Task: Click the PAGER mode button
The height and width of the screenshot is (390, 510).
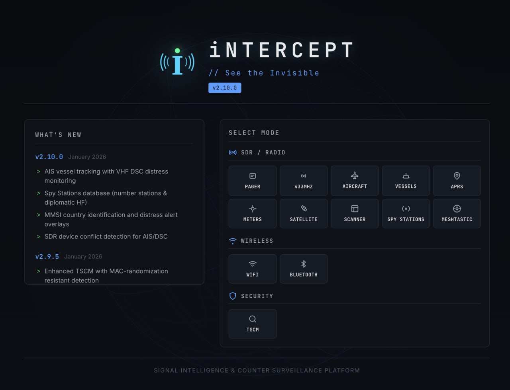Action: coord(253,181)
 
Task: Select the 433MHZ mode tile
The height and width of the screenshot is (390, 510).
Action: coord(304,181)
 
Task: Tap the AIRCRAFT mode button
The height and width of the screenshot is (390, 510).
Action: coord(355,181)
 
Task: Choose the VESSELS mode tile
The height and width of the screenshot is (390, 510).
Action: coord(406,181)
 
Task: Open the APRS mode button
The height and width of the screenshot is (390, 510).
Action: coord(457,181)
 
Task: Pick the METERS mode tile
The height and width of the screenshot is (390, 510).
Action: coord(253,214)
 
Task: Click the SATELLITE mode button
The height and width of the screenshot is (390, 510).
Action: coord(304,214)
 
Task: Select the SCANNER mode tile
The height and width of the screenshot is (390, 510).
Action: coord(355,214)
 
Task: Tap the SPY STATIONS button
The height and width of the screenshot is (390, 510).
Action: coord(406,214)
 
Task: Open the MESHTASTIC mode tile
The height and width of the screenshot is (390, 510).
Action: coord(457,214)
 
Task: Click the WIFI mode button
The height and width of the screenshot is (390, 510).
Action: coord(253,269)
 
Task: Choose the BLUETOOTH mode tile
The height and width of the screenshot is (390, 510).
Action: coord(304,269)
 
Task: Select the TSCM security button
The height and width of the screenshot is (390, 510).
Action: coord(253,324)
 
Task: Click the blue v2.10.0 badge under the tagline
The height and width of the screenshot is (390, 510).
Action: coord(225,88)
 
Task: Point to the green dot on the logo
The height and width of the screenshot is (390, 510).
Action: coord(177,51)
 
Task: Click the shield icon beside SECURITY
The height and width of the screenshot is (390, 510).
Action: coord(233,296)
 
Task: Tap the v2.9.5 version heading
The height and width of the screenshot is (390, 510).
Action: coord(47,256)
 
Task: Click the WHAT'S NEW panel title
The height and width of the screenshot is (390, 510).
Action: coord(58,135)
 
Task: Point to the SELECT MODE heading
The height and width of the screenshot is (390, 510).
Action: coord(254,133)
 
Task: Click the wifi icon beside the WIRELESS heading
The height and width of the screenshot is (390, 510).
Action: coord(233,241)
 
